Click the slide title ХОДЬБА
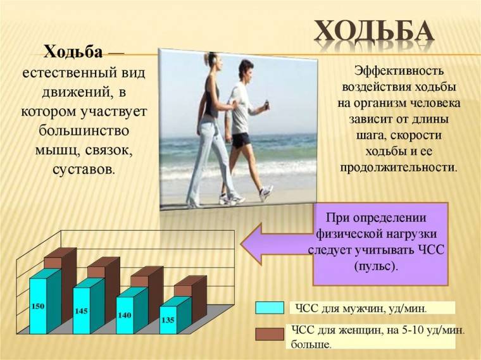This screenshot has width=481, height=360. click(375, 31)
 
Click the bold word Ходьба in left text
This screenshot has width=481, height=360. click(72, 51)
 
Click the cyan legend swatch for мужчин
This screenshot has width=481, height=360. click(270, 307)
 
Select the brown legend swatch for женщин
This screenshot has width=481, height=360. click(270, 334)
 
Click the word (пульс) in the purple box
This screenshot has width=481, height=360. click(377, 266)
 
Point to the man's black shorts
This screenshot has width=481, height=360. click(240, 139)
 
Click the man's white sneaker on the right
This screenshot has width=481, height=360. click(266, 192)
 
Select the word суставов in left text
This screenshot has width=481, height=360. click(84, 170)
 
